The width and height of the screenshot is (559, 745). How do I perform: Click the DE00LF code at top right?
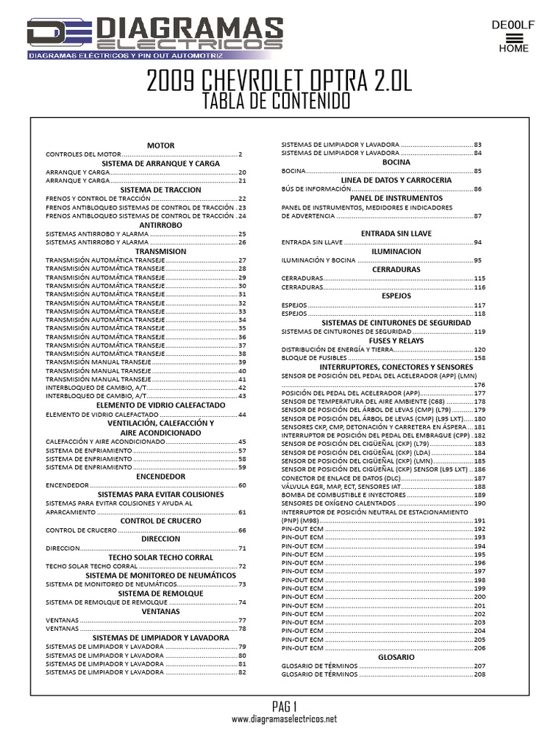(x=513, y=25)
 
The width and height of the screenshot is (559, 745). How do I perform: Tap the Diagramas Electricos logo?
(x=155, y=37)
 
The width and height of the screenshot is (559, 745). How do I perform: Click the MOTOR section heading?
(x=160, y=146)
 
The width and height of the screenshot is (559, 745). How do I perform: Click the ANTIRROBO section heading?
(x=160, y=226)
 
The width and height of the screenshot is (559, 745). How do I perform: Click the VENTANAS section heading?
(x=160, y=612)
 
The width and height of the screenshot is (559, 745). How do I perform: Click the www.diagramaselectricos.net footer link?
(x=285, y=719)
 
